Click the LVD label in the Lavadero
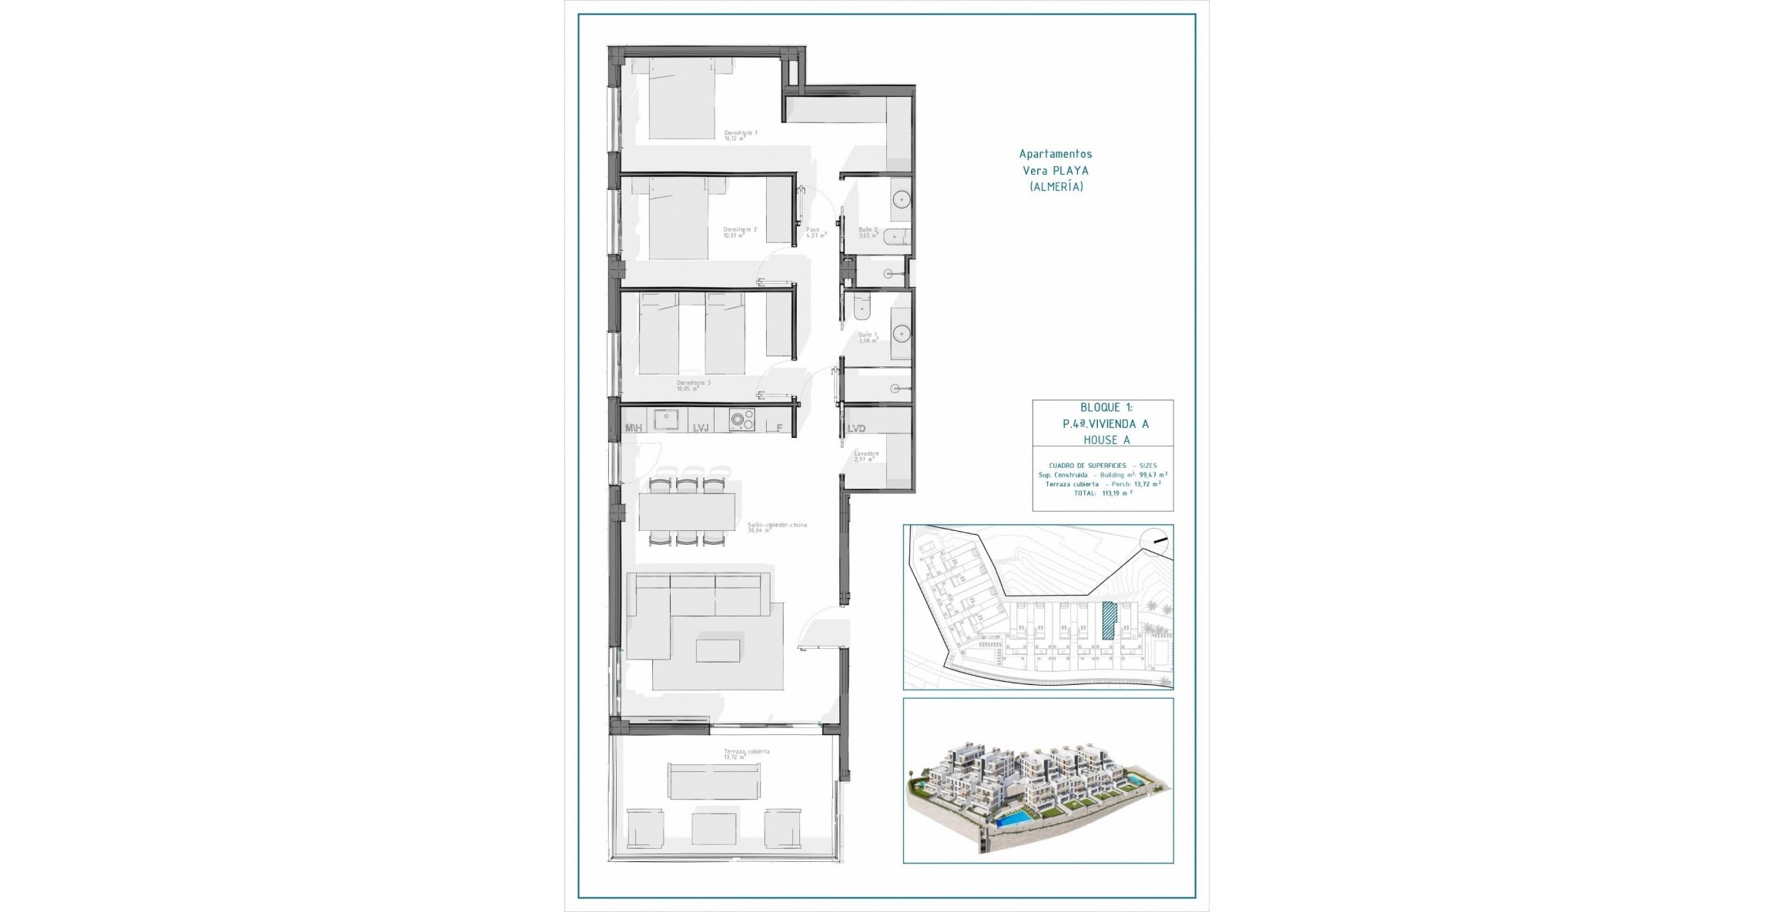click(856, 429)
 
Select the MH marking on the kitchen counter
click(634, 428)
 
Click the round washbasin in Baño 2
click(901, 200)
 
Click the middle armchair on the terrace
click(176, 828)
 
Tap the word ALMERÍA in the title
click(1056, 187)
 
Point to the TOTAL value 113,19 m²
click(1116, 493)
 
